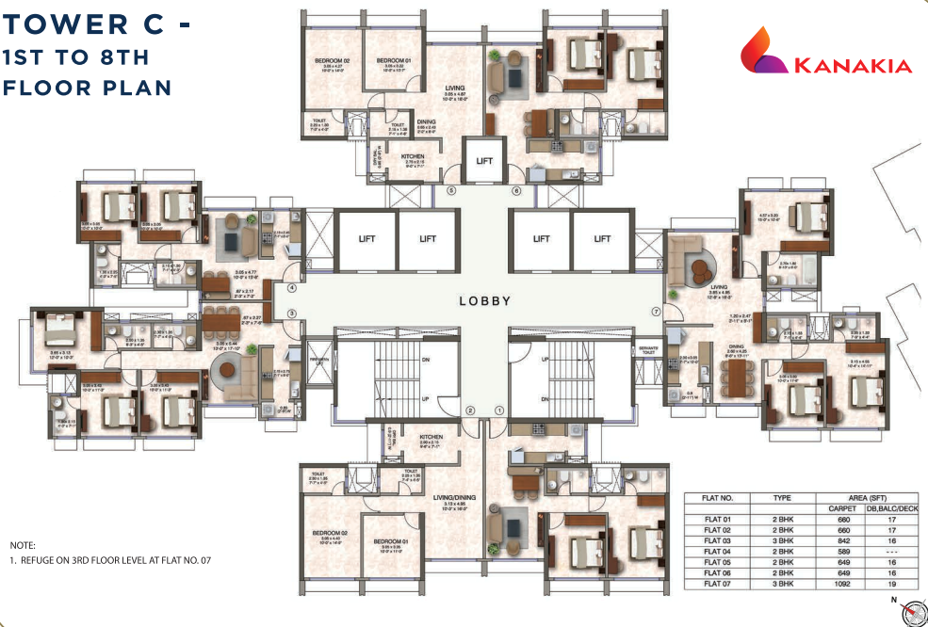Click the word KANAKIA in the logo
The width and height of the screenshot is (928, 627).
(x=854, y=66)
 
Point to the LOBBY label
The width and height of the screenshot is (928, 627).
(x=484, y=301)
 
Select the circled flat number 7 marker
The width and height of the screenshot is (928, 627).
(x=656, y=310)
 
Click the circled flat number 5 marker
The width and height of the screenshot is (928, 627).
(x=451, y=191)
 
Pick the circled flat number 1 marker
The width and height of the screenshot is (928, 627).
(x=499, y=410)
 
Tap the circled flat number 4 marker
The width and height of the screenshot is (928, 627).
(x=292, y=289)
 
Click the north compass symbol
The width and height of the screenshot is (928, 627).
(x=910, y=613)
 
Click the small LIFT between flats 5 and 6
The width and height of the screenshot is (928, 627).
(x=484, y=161)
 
